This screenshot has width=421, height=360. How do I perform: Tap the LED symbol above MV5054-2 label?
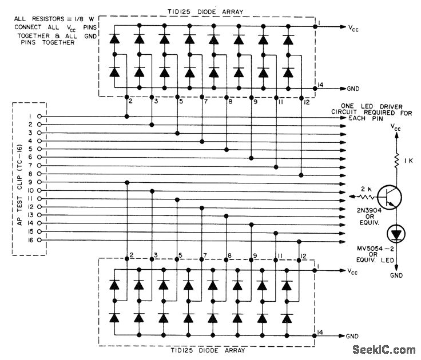point(395,233)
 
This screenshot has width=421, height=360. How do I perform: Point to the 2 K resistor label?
point(367,188)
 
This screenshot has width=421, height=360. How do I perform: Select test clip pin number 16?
point(29,239)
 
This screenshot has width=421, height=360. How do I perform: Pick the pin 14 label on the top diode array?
point(320,84)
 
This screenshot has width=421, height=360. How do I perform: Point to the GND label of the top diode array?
point(353,89)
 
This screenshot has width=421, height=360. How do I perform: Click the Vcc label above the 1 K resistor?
point(396,129)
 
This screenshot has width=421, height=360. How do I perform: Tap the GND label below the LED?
point(396,275)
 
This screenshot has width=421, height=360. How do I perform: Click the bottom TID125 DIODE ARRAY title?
point(209,350)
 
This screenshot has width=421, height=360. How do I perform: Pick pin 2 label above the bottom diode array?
point(132,254)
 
